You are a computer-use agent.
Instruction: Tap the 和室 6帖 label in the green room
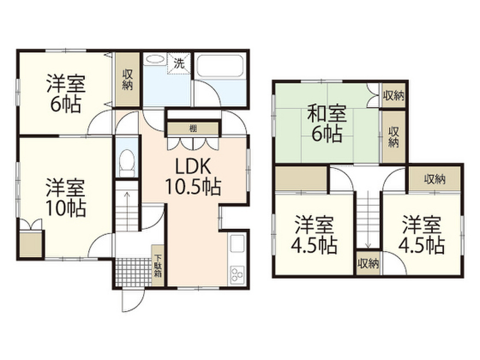point(327,124)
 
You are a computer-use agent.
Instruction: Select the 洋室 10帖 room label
point(65,197)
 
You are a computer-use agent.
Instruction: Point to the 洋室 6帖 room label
point(65,94)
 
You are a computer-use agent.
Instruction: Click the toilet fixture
point(127,162)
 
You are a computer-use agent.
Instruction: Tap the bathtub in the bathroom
point(219,67)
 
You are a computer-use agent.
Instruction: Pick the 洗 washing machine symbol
point(179,64)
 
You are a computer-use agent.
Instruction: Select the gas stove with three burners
point(237,273)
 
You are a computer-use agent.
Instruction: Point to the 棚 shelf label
point(192,128)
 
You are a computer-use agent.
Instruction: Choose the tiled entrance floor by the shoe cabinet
point(133,271)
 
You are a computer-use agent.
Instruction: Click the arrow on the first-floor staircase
point(126,190)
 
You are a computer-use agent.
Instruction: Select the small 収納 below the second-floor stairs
point(367,264)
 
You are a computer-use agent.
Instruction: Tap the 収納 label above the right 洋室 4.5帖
point(435,179)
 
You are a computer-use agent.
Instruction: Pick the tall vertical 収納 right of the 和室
point(393,136)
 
